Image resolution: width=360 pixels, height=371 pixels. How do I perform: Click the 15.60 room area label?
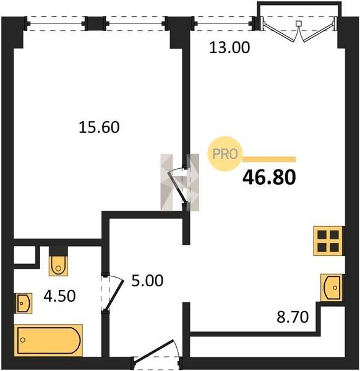click(x=99, y=127)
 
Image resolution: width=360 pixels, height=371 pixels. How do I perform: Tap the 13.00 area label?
click(x=229, y=48)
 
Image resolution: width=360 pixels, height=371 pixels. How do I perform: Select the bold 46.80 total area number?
click(x=269, y=177)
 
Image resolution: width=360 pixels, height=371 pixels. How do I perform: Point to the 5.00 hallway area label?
click(x=147, y=281)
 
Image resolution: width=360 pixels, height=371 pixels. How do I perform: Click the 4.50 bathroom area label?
click(x=59, y=296)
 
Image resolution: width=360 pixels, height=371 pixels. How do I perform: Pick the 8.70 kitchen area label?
click(x=293, y=317)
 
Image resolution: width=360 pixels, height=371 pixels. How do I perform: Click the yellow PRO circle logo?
click(x=225, y=154)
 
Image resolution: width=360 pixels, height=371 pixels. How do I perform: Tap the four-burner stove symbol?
click(x=328, y=241)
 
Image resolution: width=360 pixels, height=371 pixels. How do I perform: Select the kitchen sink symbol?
click(x=332, y=288)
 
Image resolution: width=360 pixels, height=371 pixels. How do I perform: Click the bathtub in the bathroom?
click(x=48, y=340)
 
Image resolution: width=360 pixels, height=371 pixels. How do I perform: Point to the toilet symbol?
click(x=58, y=265)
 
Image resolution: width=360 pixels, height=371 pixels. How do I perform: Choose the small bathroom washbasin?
click(x=24, y=304)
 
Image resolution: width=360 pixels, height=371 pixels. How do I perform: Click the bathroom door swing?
click(x=113, y=293)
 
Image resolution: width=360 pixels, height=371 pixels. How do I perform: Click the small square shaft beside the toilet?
click(x=25, y=255)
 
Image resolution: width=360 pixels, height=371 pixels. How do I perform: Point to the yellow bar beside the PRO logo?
click(x=269, y=160)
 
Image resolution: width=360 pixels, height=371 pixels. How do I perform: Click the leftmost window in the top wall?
click(x=56, y=23)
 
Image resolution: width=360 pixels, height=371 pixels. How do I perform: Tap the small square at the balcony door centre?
click(x=299, y=23)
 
